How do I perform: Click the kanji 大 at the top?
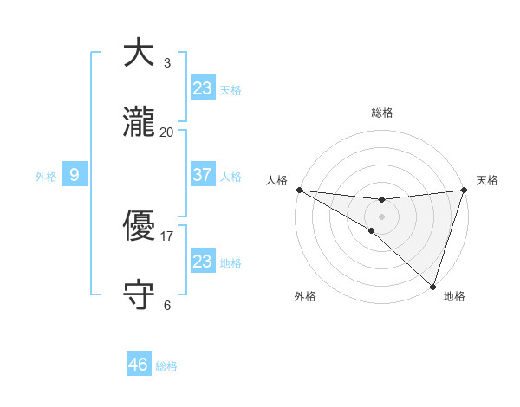(x=139, y=53)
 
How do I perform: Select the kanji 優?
(x=139, y=227)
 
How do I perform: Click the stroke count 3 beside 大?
(x=167, y=62)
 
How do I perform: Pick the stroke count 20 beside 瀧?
(x=167, y=132)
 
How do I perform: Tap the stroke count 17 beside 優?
(x=167, y=236)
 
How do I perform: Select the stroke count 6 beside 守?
(x=167, y=305)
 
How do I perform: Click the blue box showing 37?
(x=203, y=175)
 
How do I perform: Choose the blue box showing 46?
(x=139, y=365)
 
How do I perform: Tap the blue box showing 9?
(x=75, y=175)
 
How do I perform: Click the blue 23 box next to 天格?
(x=203, y=88)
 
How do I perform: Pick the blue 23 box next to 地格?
(x=203, y=262)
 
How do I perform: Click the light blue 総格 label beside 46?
(x=166, y=366)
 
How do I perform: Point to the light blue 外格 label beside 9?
(x=46, y=177)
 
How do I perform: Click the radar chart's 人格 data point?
(x=299, y=190)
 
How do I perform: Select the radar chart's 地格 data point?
(x=432, y=287)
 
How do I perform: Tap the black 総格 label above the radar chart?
(x=382, y=113)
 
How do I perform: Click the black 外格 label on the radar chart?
(x=305, y=296)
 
